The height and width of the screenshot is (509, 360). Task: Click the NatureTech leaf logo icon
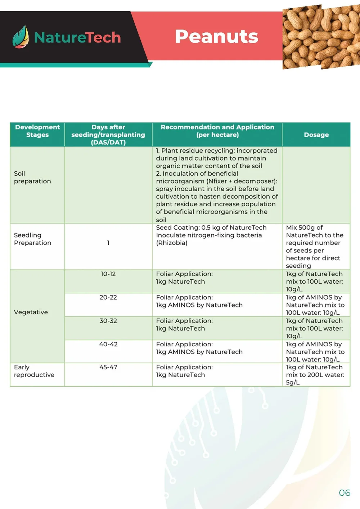pos(21,37)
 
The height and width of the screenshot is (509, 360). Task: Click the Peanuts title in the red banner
pos(216,36)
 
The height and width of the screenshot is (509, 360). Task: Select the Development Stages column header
pos(37,131)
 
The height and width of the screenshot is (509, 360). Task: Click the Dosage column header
pos(316,135)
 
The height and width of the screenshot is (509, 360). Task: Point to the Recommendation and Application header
pos(217,131)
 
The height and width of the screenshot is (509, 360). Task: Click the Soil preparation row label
pos(32,177)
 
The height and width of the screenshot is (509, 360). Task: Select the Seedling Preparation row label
pos(32,239)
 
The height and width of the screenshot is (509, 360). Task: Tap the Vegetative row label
pos(31,312)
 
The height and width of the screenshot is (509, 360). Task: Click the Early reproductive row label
pos(34,371)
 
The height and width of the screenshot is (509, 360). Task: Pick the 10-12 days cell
pos(108,274)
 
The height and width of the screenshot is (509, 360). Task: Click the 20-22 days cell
pos(108,297)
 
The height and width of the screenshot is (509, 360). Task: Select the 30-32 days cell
pos(108,321)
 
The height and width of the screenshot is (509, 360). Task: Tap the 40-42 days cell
pos(108,344)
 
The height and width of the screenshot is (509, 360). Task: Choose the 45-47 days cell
pos(108,367)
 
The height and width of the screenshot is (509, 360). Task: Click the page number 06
pos(344,493)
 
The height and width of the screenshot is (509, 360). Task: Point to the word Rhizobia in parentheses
pos(172,243)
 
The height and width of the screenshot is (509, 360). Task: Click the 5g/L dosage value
pos(293,382)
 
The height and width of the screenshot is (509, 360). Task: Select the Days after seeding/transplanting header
pos(108,135)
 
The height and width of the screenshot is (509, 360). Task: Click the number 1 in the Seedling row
pos(108,243)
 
